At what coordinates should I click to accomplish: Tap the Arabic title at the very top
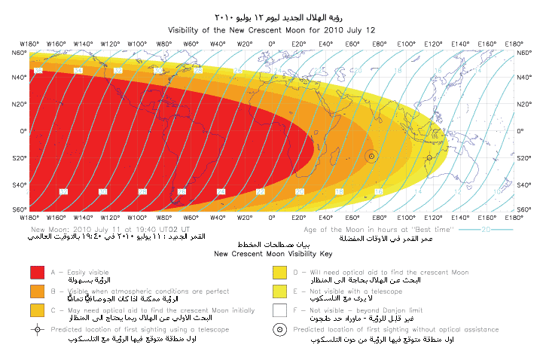point(273,16)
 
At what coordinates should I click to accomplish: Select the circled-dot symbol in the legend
point(279,329)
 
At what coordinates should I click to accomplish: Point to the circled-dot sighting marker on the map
point(371,156)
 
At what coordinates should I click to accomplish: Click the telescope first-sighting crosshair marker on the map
point(429,157)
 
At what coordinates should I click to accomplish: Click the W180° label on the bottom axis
point(30,218)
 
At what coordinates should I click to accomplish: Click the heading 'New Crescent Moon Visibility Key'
point(273,255)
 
